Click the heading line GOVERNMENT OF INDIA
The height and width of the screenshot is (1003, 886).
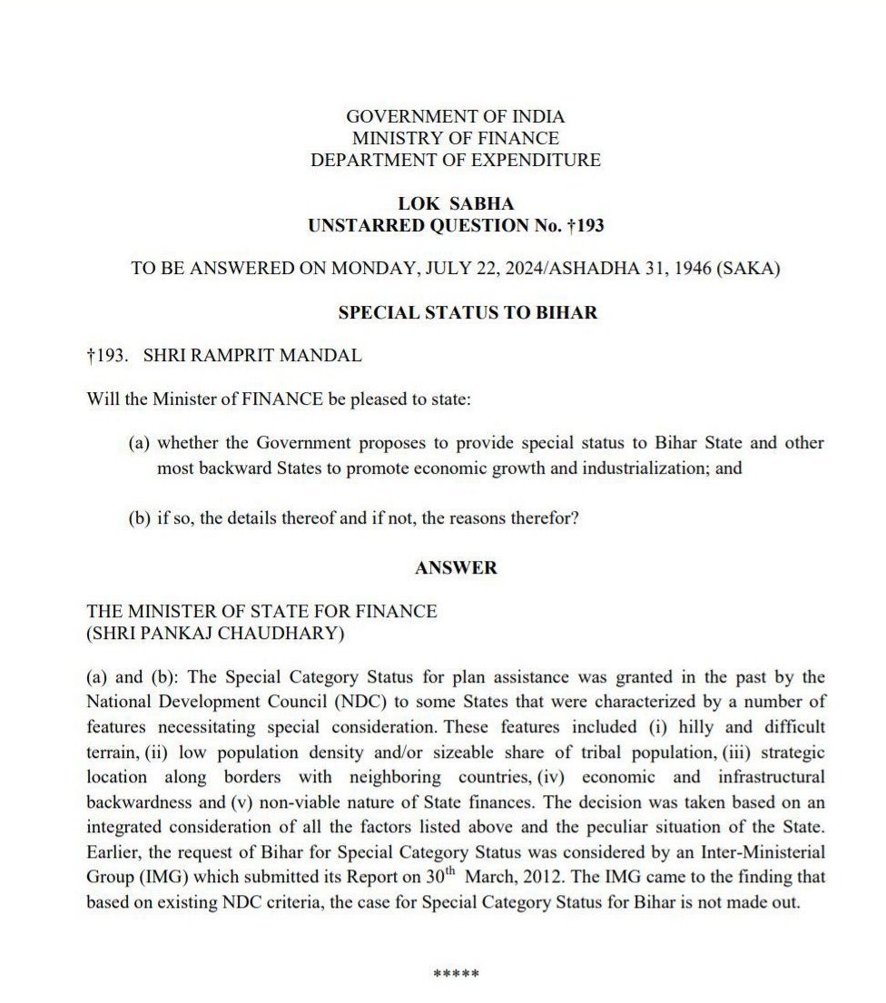pos(455,116)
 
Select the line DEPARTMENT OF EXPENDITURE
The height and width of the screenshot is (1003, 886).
pos(455,160)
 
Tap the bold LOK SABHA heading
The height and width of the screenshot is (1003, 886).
pos(456,204)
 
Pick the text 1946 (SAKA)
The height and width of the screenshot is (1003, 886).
pos(735,270)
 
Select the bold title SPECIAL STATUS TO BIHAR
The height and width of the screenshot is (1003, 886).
pos(468,313)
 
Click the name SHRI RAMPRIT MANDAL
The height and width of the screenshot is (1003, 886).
pos(252,356)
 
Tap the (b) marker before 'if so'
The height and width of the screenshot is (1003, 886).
pos(139,519)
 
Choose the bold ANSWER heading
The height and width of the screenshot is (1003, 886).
pos(456,567)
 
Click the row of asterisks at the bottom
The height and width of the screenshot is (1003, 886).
pos(456,975)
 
